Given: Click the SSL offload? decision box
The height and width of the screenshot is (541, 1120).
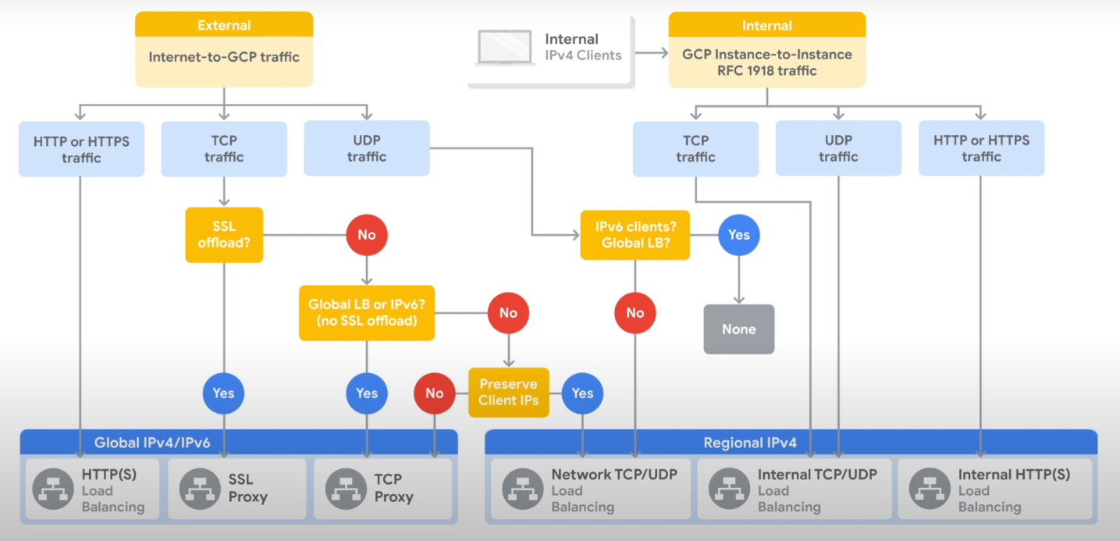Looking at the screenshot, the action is (224, 234).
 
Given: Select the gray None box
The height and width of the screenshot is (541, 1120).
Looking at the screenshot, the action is (739, 329).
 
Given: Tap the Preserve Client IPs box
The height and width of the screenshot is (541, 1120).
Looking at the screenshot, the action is (509, 393).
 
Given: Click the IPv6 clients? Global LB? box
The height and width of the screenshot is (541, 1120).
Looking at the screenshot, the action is (635, 234).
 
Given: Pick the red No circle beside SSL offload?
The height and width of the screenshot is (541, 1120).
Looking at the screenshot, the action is (367, 234).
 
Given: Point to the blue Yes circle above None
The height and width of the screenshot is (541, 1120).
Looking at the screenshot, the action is (739, 234).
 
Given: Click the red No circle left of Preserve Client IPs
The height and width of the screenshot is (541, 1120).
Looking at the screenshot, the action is (435, 393).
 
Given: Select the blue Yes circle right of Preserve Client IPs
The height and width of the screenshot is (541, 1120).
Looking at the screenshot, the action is (582, 393).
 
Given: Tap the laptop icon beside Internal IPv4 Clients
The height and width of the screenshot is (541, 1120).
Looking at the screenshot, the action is (504, 48).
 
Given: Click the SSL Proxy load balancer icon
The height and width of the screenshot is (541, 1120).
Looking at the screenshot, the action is (200, 489).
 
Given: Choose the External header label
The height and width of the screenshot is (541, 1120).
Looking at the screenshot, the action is (224, 25).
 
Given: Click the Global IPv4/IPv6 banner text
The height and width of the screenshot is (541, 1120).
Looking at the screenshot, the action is (152, 443).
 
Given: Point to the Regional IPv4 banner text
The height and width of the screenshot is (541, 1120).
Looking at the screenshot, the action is (750, 443).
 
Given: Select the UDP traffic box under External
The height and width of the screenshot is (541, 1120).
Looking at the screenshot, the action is (367, 148).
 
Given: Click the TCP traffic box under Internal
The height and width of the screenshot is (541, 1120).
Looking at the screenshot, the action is (695, 148).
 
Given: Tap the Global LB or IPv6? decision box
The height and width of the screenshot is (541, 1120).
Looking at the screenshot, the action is (367, 312).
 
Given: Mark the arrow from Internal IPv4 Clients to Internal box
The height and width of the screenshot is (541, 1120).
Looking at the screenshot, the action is (652, 52).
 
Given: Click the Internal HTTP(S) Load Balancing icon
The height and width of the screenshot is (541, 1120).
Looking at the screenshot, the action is (930, 489).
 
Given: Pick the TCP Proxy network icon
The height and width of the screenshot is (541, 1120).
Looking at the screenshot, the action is (346, 489).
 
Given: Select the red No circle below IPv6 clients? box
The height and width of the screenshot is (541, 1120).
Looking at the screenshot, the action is (635, 313).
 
